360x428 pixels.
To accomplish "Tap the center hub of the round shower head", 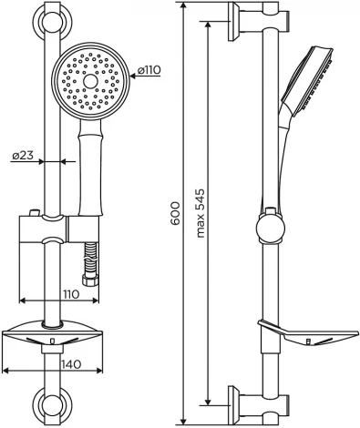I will pos(89,81).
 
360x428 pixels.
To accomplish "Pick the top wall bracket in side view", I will pos(252,18).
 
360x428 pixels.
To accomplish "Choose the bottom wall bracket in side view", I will pos(252,400).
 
